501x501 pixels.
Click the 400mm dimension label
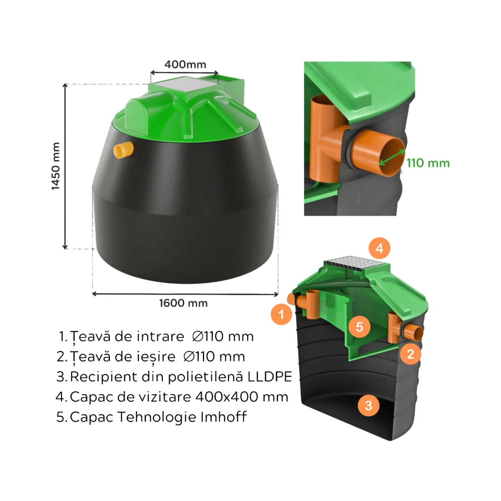[185, 64]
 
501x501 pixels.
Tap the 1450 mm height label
[56, 167]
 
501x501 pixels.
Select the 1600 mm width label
[184, 303]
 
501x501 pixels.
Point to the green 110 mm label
[428, 163]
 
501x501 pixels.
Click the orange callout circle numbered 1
[281, 314]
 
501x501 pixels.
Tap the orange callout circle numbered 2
[410, 354]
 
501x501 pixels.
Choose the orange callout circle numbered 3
[369, 405]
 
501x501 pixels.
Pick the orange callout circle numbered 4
[380, 248]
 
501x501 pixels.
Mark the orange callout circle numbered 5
[359, 327]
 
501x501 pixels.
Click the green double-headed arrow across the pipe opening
[392, 157]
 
